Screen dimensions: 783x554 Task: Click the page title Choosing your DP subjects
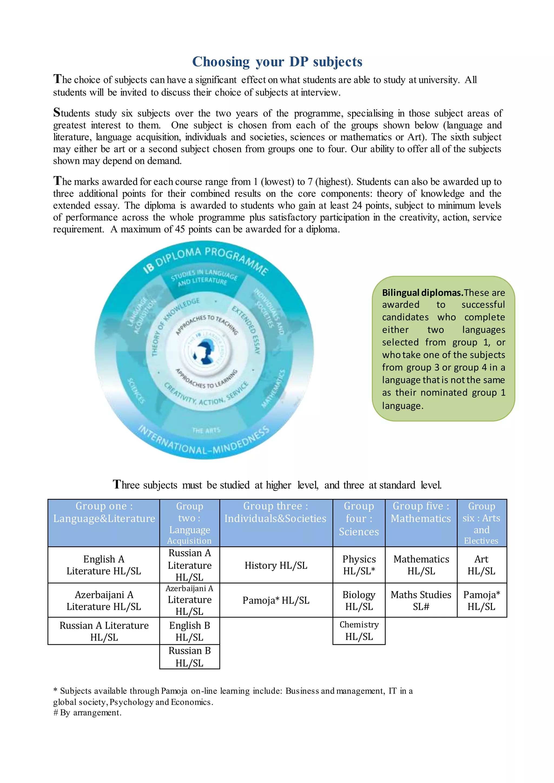[x=277, y=62]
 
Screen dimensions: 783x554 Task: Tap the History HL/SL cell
[x=276, y=565]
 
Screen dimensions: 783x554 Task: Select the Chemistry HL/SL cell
[x=359, y=631]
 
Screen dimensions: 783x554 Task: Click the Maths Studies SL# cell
[x=421, y=600]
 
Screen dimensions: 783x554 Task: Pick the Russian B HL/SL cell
[x=189, y=657]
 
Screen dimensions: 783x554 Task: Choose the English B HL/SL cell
[x=189, y=631]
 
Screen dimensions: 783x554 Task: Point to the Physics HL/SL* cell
[x=359, y=565]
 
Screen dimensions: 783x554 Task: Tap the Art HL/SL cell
[x=481, y=565]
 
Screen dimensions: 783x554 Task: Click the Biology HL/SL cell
[x=359, y=600]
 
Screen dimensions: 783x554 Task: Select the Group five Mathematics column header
[x=421, y=512]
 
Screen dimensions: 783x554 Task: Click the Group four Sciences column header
[x=359, y=519]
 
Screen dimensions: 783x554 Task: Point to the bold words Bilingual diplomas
[x=422, y=293]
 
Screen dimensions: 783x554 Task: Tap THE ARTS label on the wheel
[x=206, y=431]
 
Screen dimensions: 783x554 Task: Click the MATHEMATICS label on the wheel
[x=273, y=389]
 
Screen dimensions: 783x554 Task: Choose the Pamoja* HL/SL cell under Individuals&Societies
[x=276, y=600]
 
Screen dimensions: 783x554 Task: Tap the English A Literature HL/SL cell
[x=104, y=565]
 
